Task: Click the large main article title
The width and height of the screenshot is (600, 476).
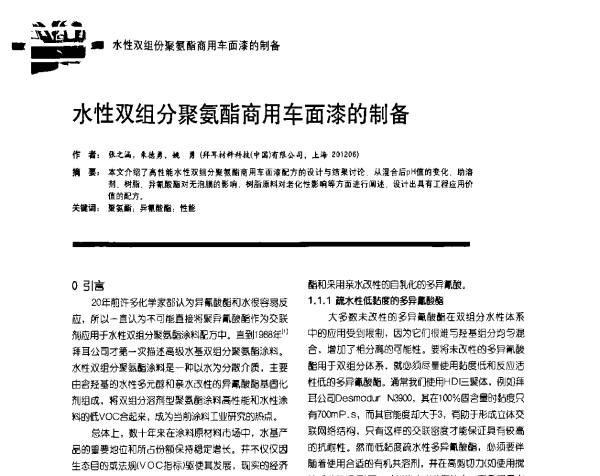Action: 241,115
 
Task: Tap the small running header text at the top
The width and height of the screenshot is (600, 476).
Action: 195,45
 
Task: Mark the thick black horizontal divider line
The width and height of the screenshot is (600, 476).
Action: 271,244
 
